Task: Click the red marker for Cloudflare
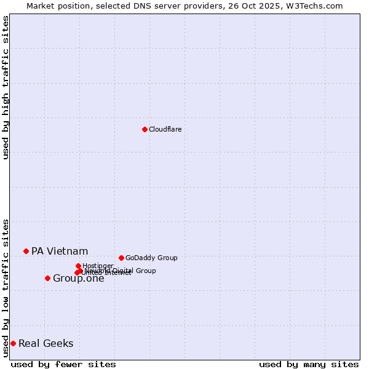click(145, 129)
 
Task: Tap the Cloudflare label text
click(165, 129)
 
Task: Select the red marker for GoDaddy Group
click(121, 258)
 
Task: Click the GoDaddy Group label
click(151, 258)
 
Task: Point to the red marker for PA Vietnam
click(26, 251)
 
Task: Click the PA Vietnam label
click(60, 251)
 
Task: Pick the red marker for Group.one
click(47, 278)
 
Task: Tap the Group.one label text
click(78, 279)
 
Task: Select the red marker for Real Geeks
click(13, 343)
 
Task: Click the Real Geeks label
click(46, 343)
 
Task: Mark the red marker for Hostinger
click(78, 266)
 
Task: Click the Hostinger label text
click(98, 266)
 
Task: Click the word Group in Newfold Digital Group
click(145, 271)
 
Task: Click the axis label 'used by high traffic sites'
click(6, 87)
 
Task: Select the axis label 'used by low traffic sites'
click(6, 287)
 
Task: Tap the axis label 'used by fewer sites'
click(63, 364)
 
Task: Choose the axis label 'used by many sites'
click(309, 364)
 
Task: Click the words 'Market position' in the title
click(55, 6)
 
